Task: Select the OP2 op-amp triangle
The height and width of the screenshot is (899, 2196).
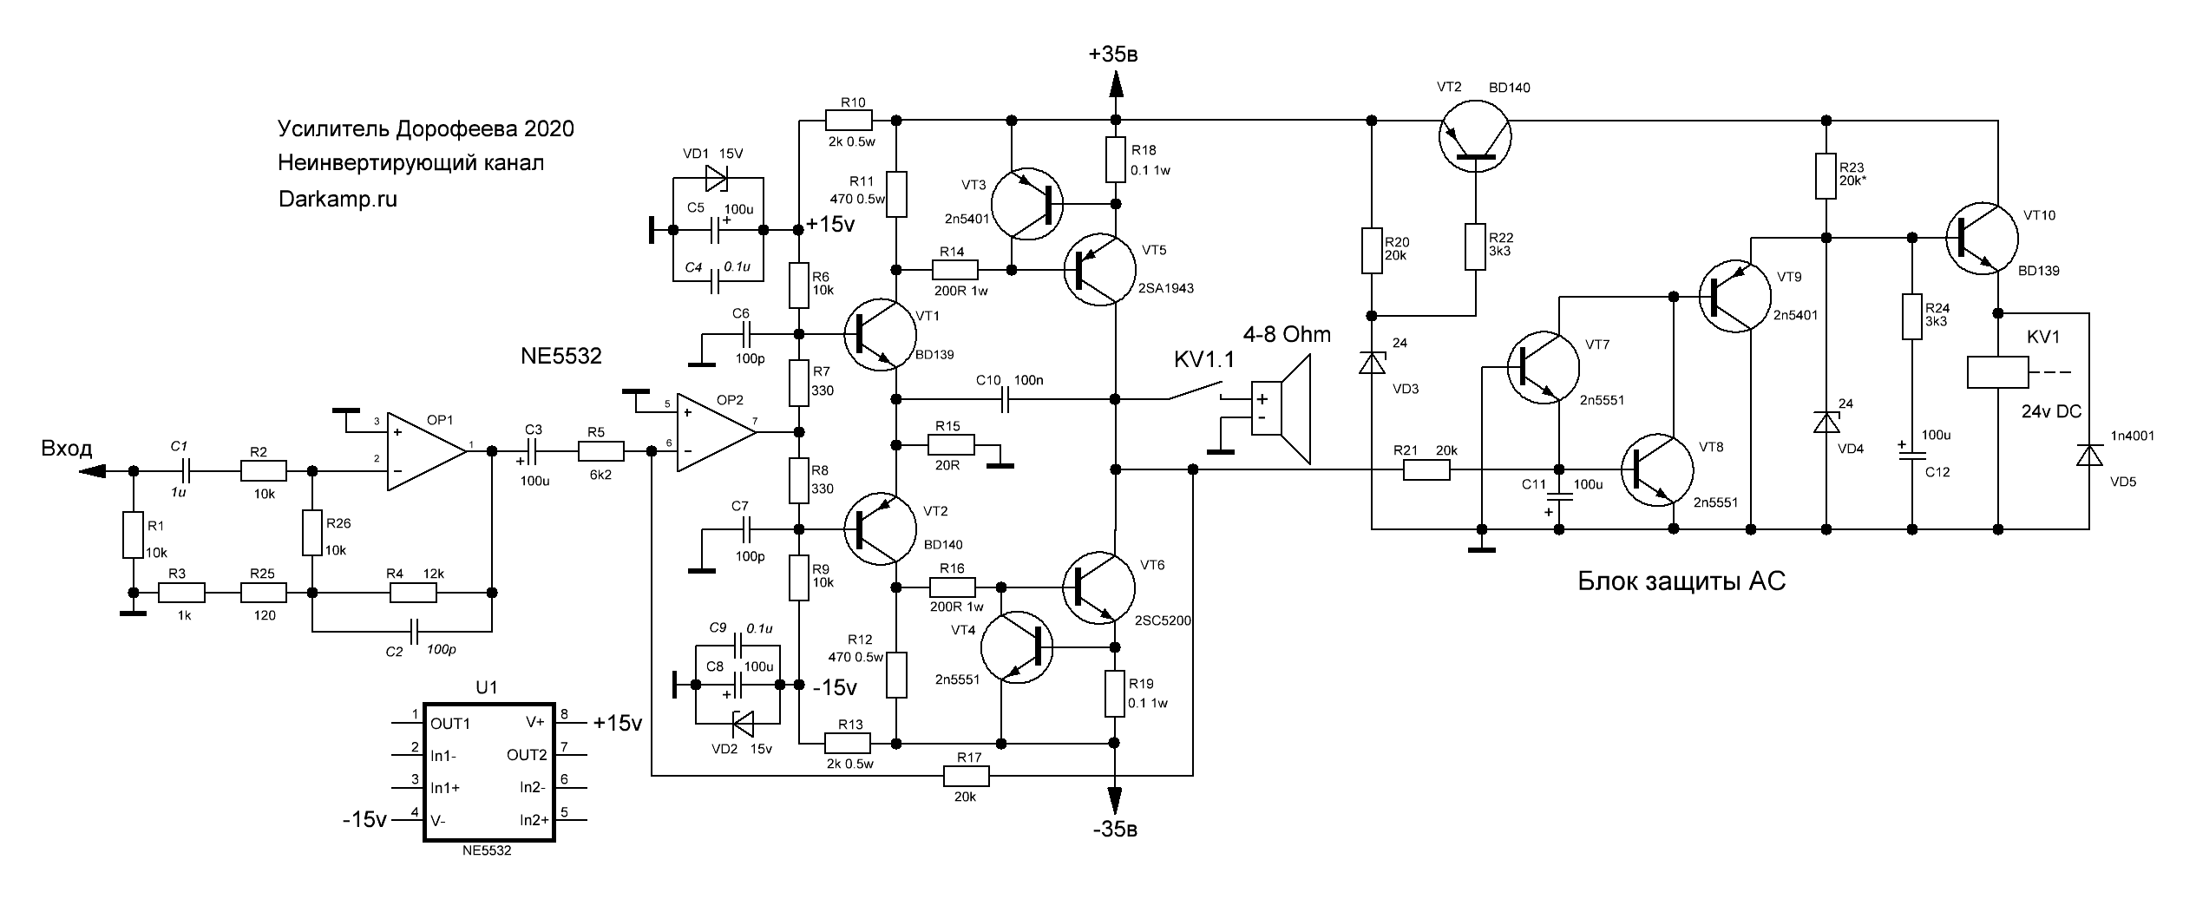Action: [716, 432]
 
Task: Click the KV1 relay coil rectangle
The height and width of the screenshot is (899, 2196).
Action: [1996, 372]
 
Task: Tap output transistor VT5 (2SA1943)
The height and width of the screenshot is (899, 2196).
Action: [1099, 269]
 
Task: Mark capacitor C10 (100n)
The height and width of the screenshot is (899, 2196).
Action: [1006, 399]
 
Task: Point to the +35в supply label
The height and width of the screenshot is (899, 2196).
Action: [1113, 55]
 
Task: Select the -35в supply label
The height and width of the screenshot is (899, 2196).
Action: [1115, 830]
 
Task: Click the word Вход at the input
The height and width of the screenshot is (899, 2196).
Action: [66, 449]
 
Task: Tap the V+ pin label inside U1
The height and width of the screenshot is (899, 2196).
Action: [535, 722]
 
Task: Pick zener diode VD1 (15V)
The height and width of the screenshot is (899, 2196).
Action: [717, 179]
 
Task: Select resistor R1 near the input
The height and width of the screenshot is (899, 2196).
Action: [132, 535]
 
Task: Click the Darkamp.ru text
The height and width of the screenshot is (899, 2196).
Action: [338, 199]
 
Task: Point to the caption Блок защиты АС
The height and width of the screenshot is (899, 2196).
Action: [1681, 581]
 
